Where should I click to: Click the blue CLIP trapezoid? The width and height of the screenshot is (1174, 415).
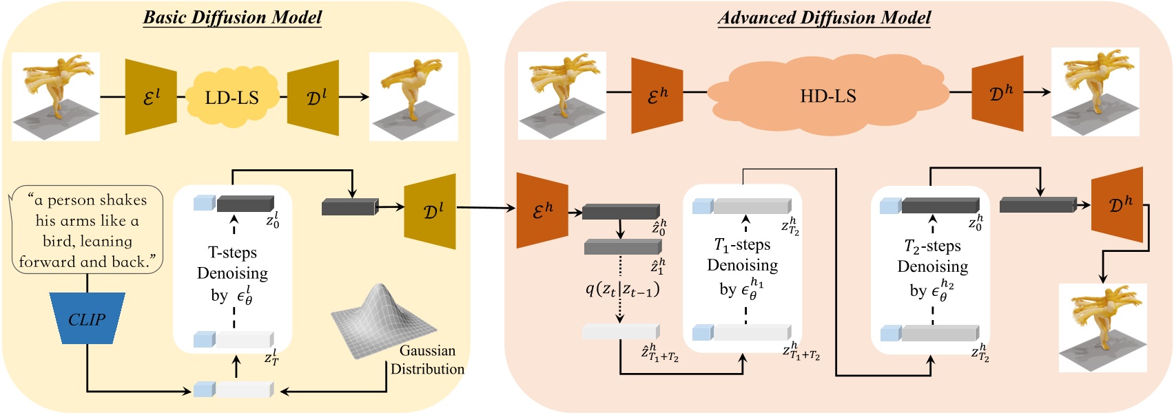click(87, 319)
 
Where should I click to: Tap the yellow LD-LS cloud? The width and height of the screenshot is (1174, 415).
click(231, 97)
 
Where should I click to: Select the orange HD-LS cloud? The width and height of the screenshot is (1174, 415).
click(827, 96)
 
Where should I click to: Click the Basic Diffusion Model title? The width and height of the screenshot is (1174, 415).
click(232, 17)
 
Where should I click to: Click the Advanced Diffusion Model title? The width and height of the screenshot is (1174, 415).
click(824, 17)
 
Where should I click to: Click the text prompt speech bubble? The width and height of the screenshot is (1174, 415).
click(87, 231)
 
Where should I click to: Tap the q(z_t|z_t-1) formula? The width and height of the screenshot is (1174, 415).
click(622, 289)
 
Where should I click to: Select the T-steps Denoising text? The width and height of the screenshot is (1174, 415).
click(233, 273)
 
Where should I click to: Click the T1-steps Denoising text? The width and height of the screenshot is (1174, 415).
click(743, 266)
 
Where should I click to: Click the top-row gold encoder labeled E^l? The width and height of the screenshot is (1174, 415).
click(151, 97)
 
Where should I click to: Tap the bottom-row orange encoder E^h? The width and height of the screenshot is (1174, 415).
click(542, 211)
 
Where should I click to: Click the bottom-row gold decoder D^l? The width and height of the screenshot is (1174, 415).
click(430, 211)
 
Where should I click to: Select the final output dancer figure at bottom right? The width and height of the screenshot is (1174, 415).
click(1102, 328)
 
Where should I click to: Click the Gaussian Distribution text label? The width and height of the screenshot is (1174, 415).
click(427, 360)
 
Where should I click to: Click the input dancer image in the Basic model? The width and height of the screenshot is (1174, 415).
click(56, 96)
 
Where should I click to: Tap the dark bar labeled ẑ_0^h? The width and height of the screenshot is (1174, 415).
click(621, 211)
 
